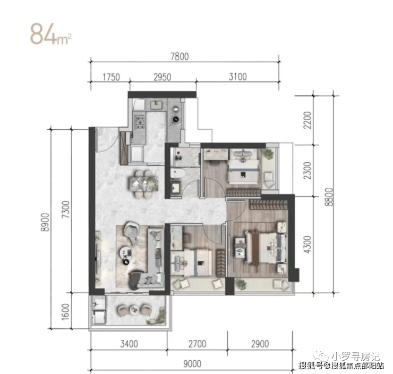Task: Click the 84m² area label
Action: (51, 35)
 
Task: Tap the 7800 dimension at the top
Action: (180, 56)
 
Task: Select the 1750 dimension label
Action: (111, 77)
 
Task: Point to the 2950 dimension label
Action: (162, 77)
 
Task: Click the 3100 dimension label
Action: (237, 77)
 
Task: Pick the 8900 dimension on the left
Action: (46, 222)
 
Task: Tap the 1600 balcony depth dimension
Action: (65, 312)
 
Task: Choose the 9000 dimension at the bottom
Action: (192, 364)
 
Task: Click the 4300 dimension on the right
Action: (307, 245)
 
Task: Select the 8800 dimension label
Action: (329, 197)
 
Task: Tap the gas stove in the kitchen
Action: (140, 122)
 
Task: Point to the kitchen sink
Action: (157, 105)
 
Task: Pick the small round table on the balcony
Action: (134, 310)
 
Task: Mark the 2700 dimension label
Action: (197, 344)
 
